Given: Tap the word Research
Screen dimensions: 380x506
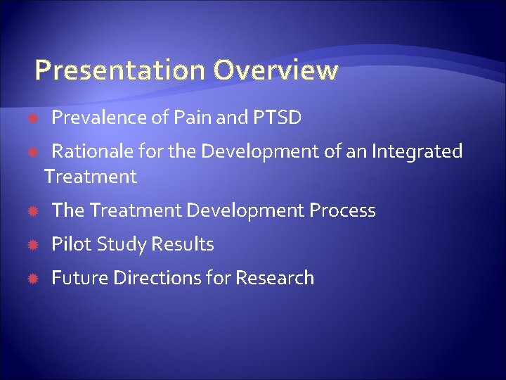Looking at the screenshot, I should pos(275,278).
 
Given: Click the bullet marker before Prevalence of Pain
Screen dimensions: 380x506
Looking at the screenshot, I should pos(32,118).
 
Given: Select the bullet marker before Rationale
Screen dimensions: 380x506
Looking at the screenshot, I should pos(32,152).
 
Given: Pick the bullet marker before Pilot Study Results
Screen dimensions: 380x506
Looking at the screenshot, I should pos(32,245).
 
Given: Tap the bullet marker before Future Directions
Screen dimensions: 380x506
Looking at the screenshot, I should pos(32,279).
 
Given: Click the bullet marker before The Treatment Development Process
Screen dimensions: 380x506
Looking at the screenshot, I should pos(32,211).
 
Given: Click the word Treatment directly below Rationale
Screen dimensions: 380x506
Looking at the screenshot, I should pos(90,177).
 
